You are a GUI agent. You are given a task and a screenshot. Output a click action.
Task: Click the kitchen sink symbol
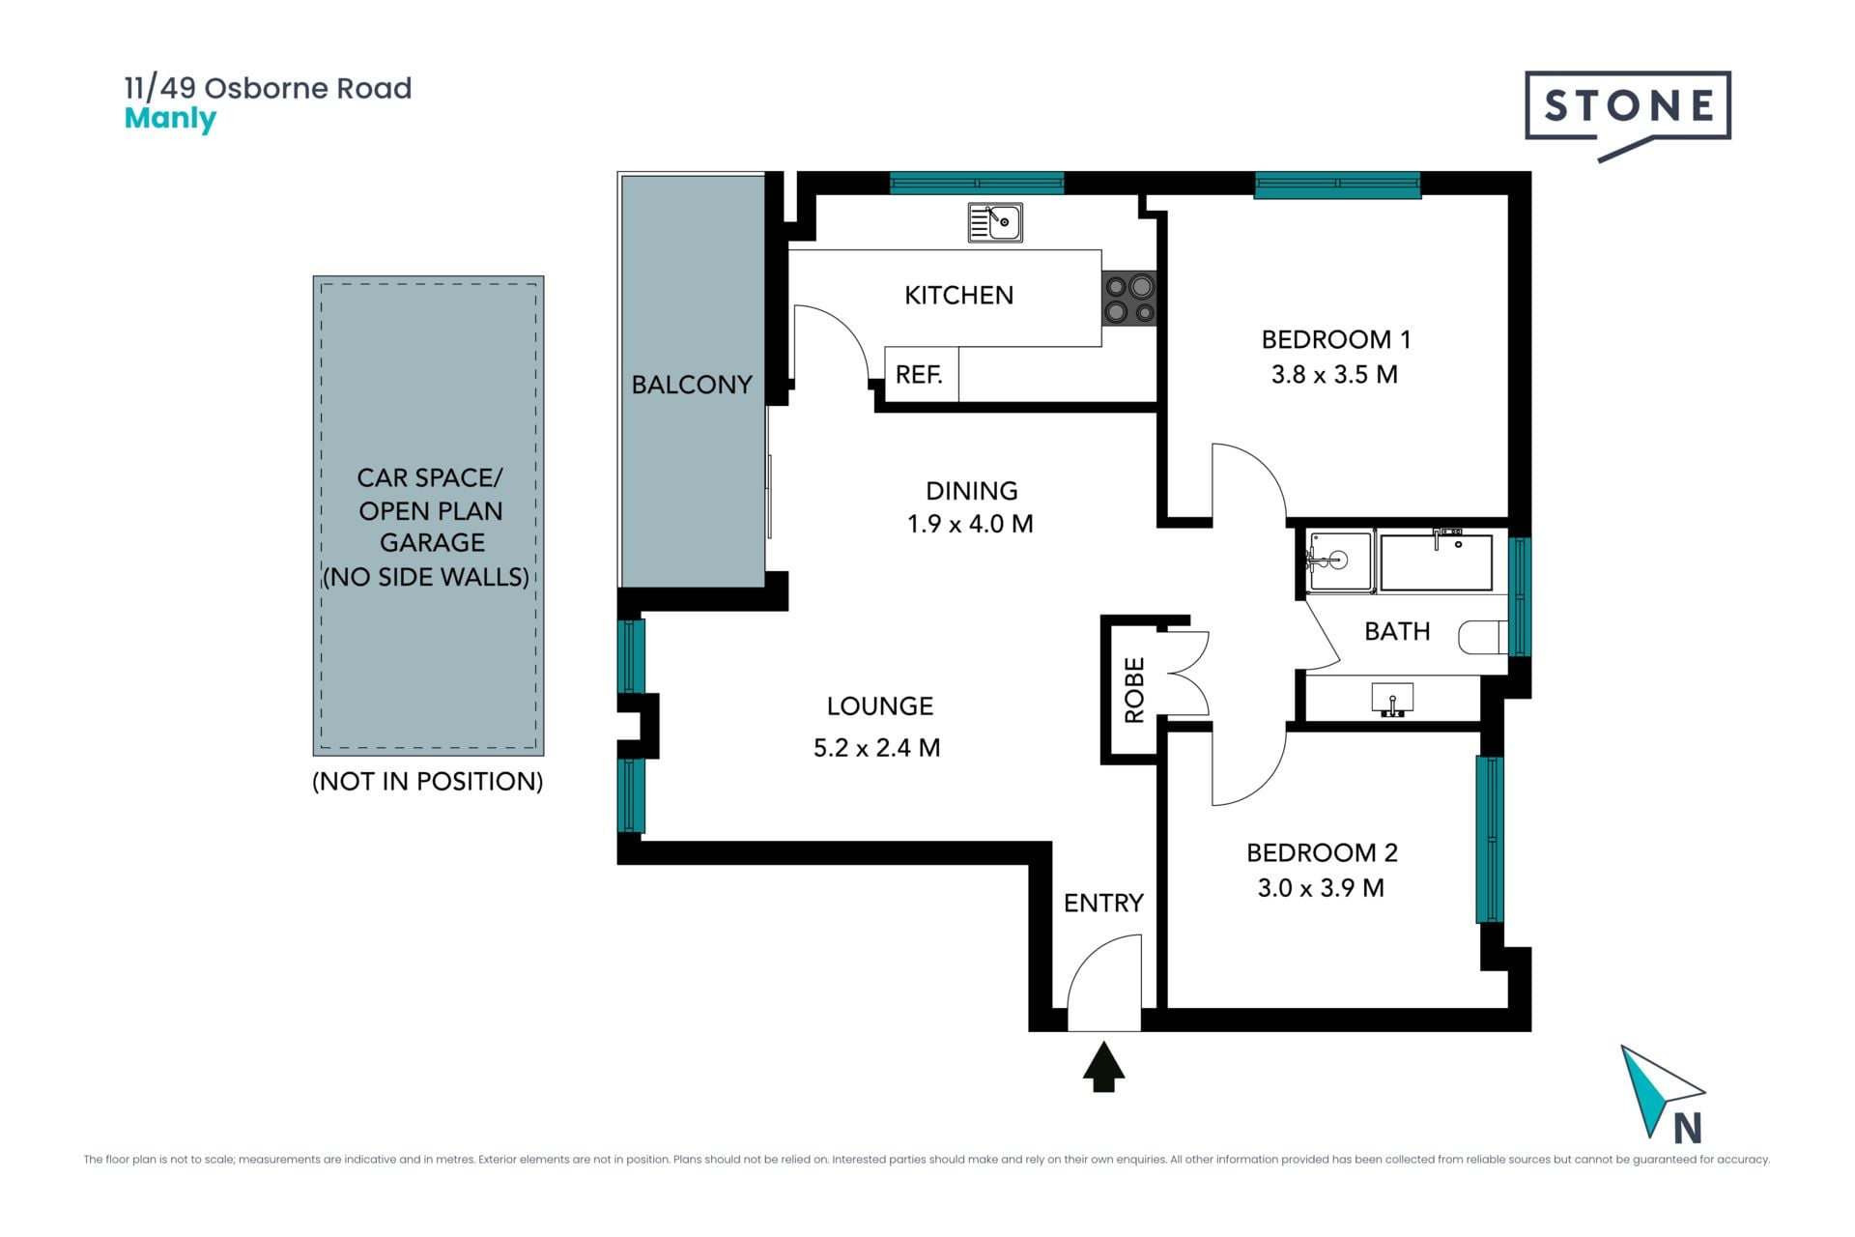[x=995, y=222]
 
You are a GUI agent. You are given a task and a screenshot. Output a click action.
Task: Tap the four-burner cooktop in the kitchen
[x=1129, y=299]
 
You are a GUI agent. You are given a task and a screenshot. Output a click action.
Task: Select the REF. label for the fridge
[x=919, y=374]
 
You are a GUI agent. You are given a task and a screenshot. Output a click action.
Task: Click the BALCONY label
[x=692, y=385]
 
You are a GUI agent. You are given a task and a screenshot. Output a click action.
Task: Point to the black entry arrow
[x=1103, y=1066]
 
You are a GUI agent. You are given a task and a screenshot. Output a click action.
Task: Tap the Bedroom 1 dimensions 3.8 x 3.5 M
[x=1334, y=375]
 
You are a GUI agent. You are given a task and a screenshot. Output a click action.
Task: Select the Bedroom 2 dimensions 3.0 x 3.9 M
[x=1321, y=888]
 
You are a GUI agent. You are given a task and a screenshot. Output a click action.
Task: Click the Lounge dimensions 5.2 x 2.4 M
[x=876, y=748]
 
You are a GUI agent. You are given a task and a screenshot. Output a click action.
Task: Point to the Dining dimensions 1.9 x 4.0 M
[x=970, y=524]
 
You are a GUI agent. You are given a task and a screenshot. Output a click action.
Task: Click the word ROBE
[x=1134, y=690]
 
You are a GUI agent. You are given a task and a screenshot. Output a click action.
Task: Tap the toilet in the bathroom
[x=1482, y=637]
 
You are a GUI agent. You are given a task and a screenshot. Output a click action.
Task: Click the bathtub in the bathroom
[x=1437, y=561]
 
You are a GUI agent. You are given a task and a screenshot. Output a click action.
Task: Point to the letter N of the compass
[x=1687, y=1128]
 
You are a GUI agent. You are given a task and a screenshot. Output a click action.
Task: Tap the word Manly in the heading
[x=170, y=120]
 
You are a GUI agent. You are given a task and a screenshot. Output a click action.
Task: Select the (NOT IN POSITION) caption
[x=428, y=781]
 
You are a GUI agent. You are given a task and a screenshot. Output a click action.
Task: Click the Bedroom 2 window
[x=1489, y=839]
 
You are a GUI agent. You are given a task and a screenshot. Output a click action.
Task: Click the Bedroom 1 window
[x=1337, y=185]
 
